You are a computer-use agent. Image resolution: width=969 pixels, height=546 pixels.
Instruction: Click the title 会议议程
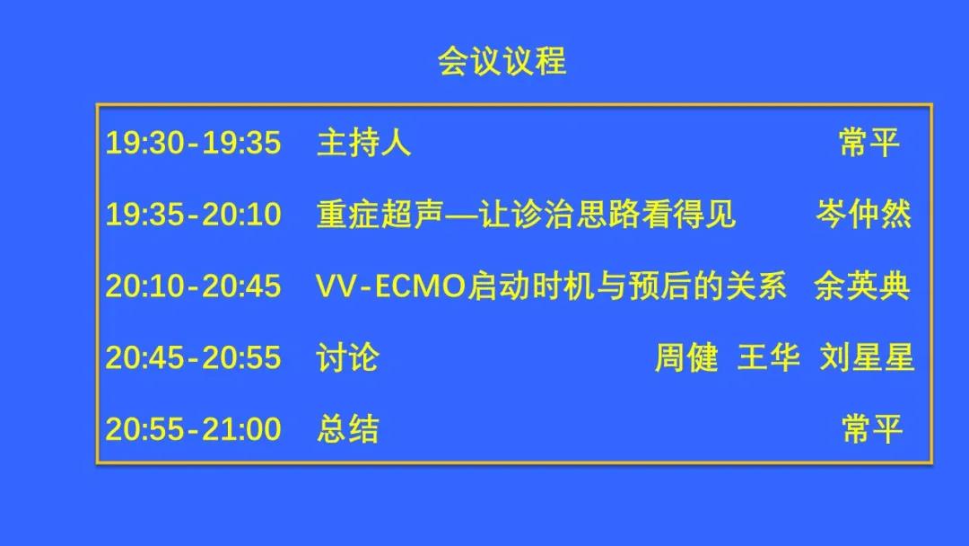502,61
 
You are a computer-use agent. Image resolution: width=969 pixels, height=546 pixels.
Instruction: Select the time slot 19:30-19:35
194,143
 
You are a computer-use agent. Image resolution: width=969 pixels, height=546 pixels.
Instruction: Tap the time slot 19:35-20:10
194,215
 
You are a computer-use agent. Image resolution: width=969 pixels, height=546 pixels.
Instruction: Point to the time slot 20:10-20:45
194,286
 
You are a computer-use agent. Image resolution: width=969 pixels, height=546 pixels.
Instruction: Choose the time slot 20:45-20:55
194,358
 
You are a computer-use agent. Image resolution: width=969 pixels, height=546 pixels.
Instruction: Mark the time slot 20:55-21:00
194,429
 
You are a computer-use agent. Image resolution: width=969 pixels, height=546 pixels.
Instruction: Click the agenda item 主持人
364,143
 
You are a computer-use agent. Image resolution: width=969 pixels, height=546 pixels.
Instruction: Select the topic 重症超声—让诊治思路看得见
526,215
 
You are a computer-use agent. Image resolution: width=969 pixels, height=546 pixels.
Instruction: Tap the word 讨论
348,358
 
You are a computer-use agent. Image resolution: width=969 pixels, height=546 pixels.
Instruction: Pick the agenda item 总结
348,429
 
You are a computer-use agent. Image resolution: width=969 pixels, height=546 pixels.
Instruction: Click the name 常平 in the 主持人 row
869,143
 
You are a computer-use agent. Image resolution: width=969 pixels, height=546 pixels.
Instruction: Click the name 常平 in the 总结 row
872,429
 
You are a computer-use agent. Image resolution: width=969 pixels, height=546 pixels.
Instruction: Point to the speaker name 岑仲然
863,215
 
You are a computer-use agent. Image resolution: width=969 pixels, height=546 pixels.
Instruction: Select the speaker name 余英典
862,286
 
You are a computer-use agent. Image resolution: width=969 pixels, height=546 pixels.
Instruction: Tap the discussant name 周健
686,358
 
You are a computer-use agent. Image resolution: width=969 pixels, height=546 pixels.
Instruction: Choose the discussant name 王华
769,358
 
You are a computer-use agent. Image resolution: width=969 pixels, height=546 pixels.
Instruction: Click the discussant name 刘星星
867,358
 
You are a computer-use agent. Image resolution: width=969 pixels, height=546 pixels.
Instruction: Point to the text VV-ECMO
390,286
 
